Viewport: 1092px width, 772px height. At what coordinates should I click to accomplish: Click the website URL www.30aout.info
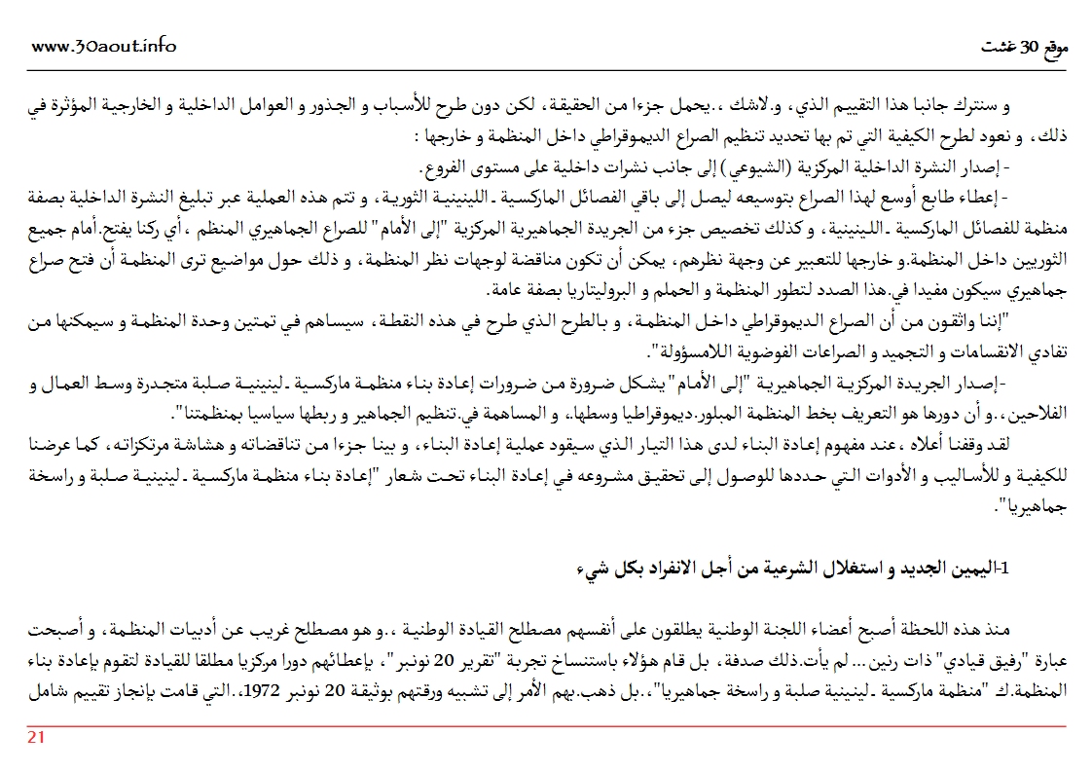pyautogui.click(x=104, y=46)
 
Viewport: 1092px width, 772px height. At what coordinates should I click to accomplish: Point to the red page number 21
pyautogui.click(x=35, y=737)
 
